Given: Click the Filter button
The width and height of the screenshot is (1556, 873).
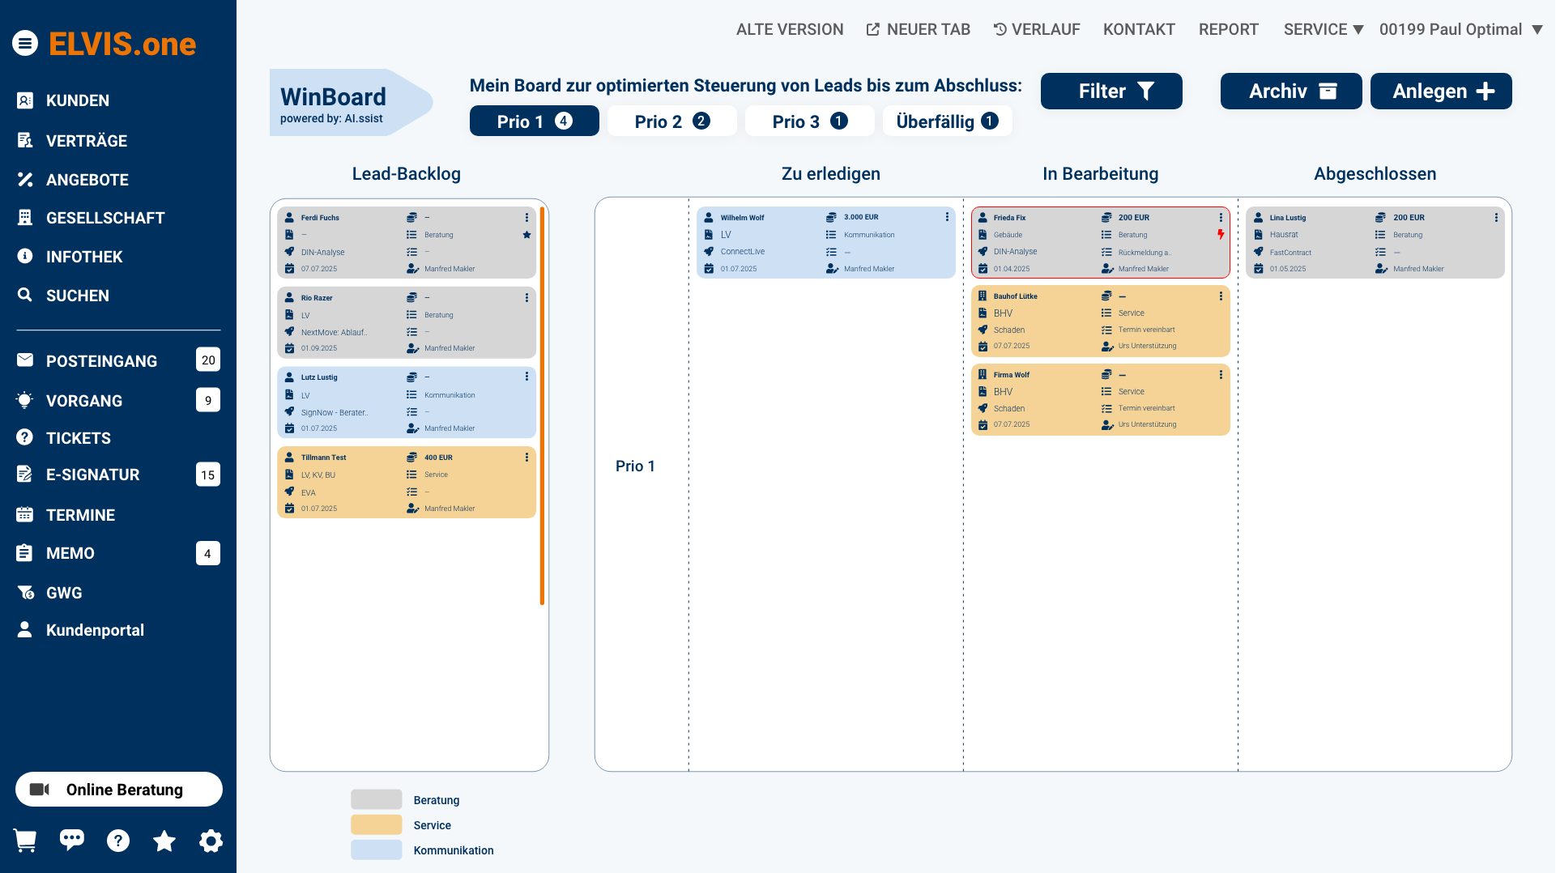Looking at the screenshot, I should point(1111,92).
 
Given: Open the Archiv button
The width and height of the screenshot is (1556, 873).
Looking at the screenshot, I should point(1290,92).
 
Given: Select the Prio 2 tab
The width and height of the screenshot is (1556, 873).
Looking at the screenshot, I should point(671,121).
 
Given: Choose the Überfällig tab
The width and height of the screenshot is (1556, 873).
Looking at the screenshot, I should point(946,121).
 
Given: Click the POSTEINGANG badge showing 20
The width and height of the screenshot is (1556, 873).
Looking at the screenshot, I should point(208,360).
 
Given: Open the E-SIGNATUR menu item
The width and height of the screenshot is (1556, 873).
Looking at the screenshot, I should point(92,475).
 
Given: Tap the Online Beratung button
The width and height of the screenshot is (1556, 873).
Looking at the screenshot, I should point(119,790).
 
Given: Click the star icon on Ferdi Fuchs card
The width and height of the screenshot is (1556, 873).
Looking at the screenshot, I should point(526,235).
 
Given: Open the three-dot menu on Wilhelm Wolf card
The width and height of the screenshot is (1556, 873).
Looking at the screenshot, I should point(947,217).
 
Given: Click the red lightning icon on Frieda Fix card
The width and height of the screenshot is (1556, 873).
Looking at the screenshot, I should point(1221,235).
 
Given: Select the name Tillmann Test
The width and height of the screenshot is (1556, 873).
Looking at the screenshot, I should point(323,458).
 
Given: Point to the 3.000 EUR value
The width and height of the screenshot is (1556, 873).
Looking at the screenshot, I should point(860,217).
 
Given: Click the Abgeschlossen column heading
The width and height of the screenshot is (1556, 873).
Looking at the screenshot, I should point(1375,174).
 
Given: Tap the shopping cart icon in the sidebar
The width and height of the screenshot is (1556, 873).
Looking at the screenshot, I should point(25,841).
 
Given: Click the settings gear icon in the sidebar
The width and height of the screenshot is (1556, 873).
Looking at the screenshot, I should point(211,841).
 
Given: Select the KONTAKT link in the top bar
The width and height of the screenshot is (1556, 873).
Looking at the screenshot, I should point(1138,30).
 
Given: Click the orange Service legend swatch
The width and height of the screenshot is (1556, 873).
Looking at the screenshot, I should point(376,825).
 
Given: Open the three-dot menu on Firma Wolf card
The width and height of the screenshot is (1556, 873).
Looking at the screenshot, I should point(1221,375).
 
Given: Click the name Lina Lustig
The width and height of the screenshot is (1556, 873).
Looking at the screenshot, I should point(1287,218).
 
